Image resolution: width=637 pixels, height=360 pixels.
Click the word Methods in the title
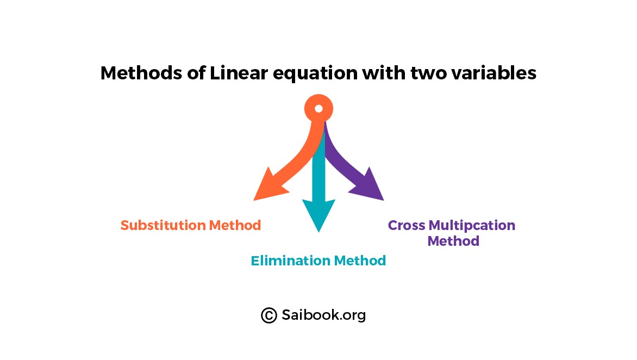click(141, 73)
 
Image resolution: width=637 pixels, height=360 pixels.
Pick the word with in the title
click(384, 73)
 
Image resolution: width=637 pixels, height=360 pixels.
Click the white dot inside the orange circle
click(319, 108)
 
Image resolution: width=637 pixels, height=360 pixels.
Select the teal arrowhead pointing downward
click(319, 213)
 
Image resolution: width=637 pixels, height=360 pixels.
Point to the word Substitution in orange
click(163, 225)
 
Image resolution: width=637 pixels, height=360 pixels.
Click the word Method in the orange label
click(235, 225)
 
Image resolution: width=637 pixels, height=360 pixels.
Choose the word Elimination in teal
click(290, 260)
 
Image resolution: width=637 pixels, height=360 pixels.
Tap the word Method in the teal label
click(359, 260)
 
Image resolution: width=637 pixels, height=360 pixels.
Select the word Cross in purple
click(406, 225)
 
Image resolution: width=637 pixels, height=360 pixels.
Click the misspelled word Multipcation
click(472, 226)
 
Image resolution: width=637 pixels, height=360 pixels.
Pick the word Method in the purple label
click(453, 241)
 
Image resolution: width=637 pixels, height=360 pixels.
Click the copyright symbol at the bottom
click(269, 315)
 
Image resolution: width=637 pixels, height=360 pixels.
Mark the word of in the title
click(196, 73)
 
